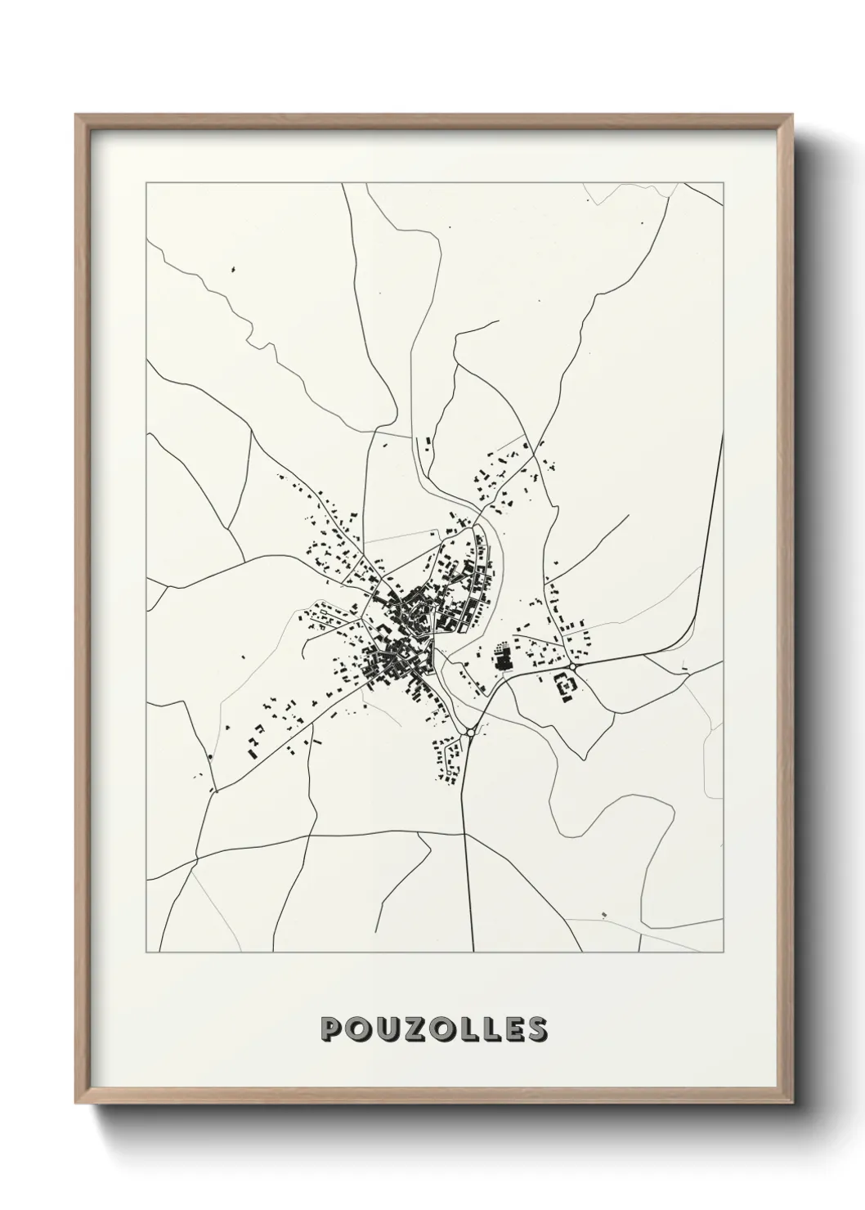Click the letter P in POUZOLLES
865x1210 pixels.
pos(333,1029)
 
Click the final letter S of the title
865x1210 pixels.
pos(536,1029)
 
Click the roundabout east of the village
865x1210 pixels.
pos(575,668)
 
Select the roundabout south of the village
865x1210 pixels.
pos(469,735)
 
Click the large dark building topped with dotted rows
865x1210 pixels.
pos(501,659)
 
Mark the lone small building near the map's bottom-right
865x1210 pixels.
pos(604,912)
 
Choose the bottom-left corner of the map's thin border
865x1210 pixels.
pos(146,952)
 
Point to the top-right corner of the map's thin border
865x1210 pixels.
pos(724,183)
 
